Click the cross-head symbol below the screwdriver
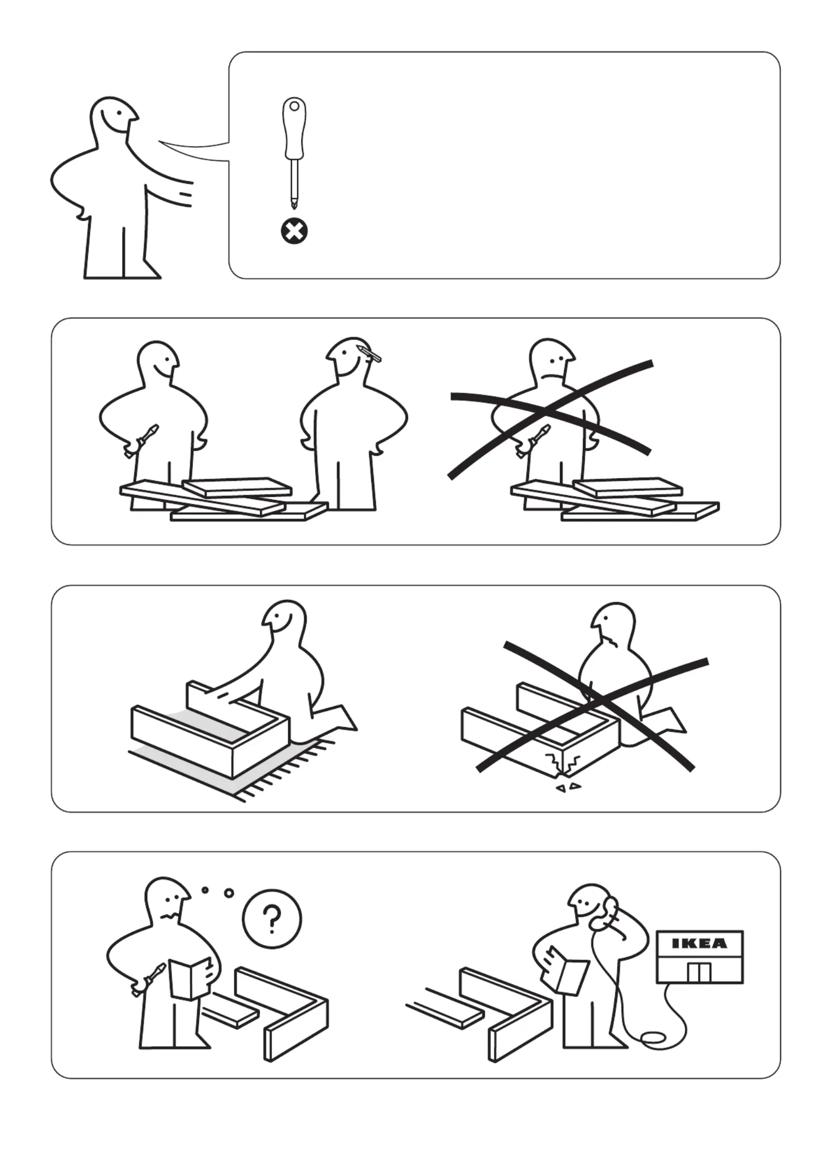point(295,232)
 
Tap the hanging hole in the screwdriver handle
point(295,106)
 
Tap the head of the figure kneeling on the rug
point(284,623)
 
